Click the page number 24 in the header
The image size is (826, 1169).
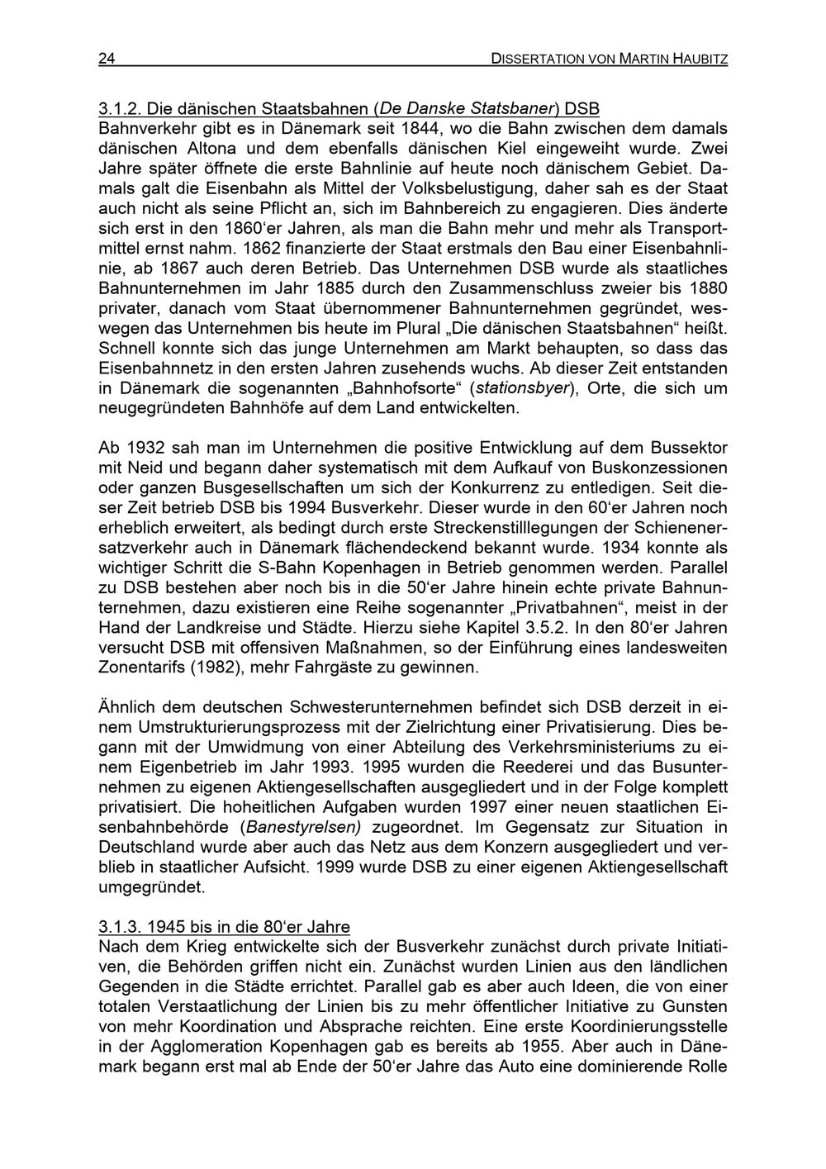pos(107,58)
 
